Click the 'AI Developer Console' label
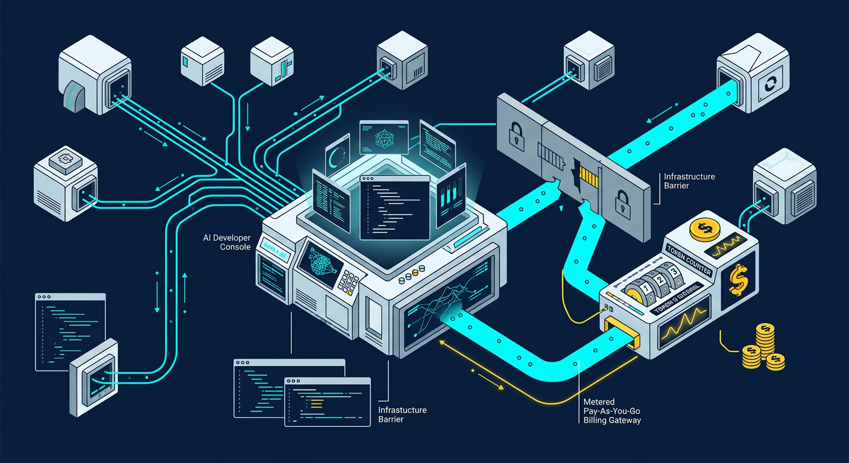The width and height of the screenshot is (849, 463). (x=227, y=242)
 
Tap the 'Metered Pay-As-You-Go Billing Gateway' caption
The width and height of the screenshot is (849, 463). (x=612, y=411)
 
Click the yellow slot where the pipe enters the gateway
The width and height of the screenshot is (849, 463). (x=621, y=333)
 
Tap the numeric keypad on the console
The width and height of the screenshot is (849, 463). (x=349, y=280)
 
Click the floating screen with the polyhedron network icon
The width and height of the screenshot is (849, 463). (x=383, y=137)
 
